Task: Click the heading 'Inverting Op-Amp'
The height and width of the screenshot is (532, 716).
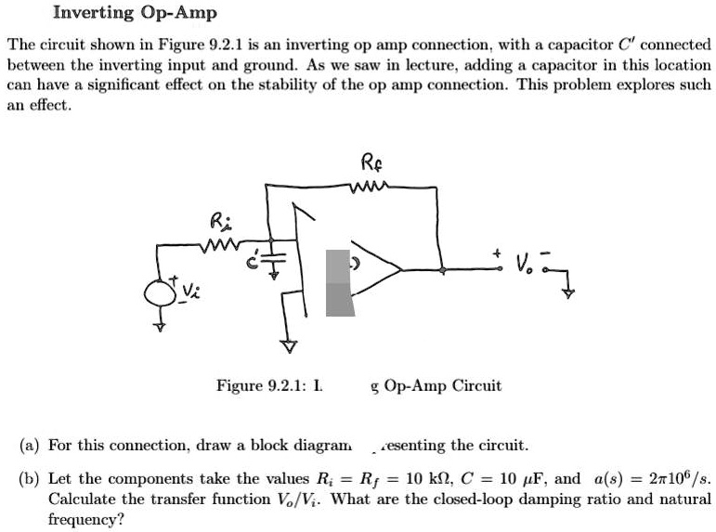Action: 136,13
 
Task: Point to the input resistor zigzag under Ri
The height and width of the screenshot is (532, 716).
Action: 219,245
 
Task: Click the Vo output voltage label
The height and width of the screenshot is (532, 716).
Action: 524,265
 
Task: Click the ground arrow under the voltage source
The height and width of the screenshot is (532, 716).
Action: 160,326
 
